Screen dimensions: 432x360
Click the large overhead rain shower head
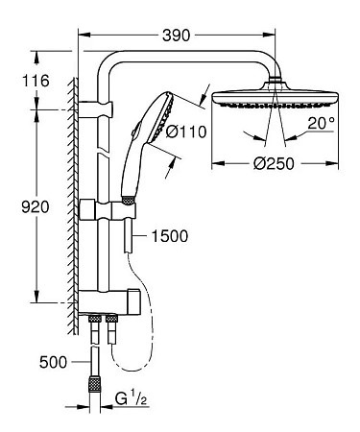click(276, 98)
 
